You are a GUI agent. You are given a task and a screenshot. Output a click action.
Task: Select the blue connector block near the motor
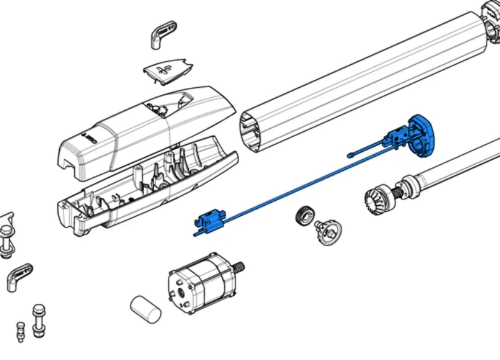click(210, 219)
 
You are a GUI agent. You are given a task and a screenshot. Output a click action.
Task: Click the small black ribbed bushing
click(304, 215)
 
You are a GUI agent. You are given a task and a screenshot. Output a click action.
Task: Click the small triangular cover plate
click(165, 71)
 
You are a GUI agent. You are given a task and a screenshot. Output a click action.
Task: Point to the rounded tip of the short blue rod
click(350, 153)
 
